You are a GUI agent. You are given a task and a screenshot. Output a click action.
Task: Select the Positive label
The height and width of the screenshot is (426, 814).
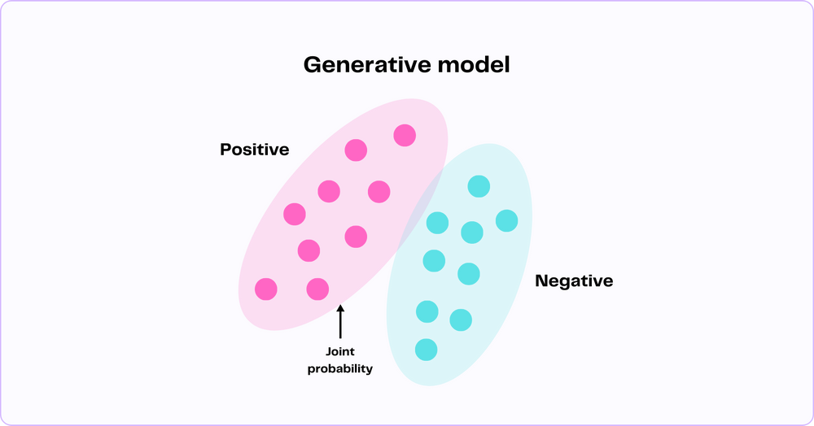coord(254,150)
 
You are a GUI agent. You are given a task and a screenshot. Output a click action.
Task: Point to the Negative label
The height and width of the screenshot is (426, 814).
coord(574,280)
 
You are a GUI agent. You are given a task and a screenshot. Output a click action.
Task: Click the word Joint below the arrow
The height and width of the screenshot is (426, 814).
coord(340,351)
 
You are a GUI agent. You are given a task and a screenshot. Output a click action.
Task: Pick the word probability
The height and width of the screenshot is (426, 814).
coord(340,368)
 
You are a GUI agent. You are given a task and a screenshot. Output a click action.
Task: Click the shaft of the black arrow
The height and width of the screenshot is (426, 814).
coord(340,324)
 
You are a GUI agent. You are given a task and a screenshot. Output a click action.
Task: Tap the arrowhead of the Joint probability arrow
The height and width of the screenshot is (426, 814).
coord(340,308)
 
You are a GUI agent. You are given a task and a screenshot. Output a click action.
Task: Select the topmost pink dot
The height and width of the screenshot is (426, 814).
coord(405,135)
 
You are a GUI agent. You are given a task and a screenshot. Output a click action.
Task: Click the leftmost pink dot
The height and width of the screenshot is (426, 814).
coord(266,289)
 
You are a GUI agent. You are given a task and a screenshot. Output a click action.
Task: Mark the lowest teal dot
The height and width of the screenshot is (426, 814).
coord(427,350)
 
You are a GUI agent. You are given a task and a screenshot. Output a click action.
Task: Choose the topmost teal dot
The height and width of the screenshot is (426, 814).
coord(479,186)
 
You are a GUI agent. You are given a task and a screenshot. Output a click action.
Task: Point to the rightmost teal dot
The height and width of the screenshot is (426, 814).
coord(506,221)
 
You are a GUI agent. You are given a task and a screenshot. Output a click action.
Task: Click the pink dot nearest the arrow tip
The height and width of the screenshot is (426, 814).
coord(317,289)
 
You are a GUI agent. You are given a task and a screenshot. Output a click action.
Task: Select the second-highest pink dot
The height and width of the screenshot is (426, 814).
coord(356,150)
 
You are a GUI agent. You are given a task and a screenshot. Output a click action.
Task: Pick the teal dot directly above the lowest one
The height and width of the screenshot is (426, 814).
coord(427,311)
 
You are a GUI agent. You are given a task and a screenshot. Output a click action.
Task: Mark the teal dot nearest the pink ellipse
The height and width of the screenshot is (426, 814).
coord(437,223)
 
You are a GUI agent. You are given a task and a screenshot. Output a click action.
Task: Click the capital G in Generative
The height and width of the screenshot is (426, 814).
coord(313,65)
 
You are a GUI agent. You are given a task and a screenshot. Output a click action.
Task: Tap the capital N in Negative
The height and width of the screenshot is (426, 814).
coord(541,280)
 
